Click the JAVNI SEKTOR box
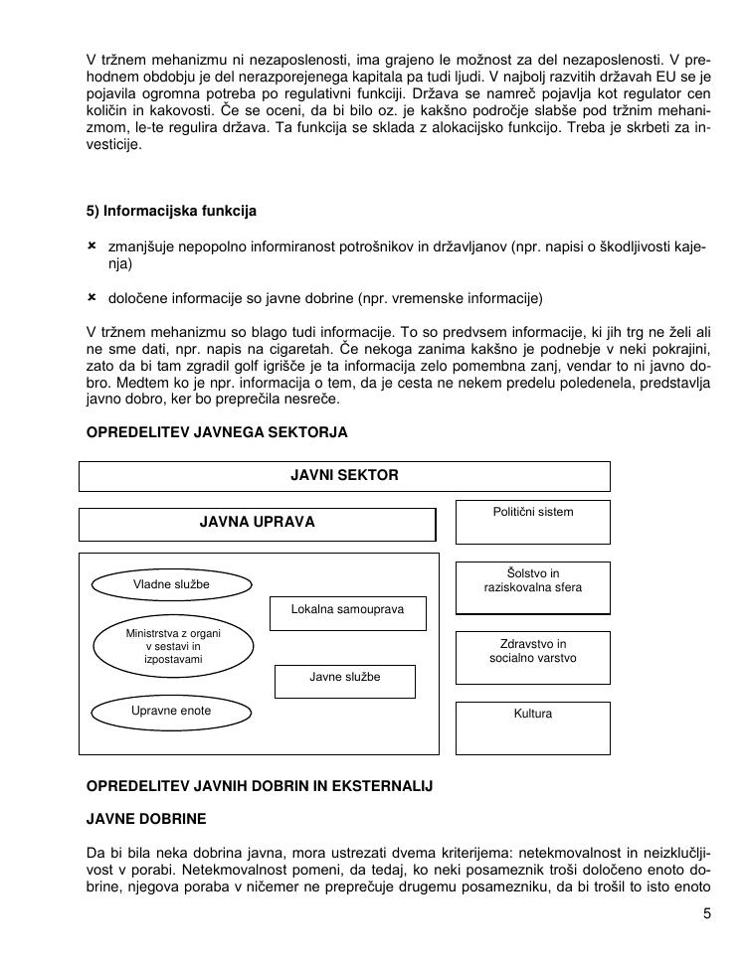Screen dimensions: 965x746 pos(344,476)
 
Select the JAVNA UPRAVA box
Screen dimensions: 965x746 pos(257,524)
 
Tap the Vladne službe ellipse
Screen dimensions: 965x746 pos(171,585)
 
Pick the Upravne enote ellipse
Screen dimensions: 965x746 pos(171,712)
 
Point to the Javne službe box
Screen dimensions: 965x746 pos(344,680)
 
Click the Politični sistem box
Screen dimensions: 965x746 pos(532,522)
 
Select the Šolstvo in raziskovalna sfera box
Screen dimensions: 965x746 pos(532,587)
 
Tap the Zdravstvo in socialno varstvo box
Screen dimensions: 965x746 pos(532,657)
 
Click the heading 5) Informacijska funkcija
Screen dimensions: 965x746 pos(171,212)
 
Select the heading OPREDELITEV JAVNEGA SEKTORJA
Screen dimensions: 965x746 pos(216,432)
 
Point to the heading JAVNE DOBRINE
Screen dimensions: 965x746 pos(146,820)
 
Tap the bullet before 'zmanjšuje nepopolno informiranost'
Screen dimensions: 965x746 pos(92,245)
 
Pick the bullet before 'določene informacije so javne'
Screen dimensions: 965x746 pos(92,297)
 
